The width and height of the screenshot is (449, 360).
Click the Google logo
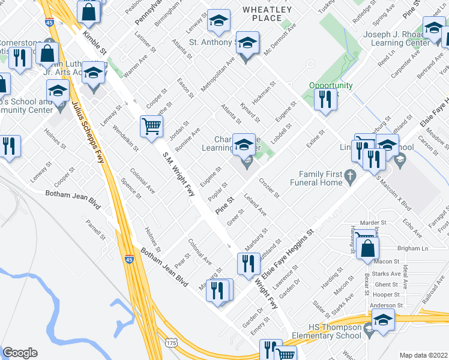(20, 353)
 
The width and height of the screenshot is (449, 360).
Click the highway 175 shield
(172, 343)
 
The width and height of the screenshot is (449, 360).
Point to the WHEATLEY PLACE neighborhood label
(267, 14)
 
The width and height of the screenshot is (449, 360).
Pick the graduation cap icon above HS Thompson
(382, 320)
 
